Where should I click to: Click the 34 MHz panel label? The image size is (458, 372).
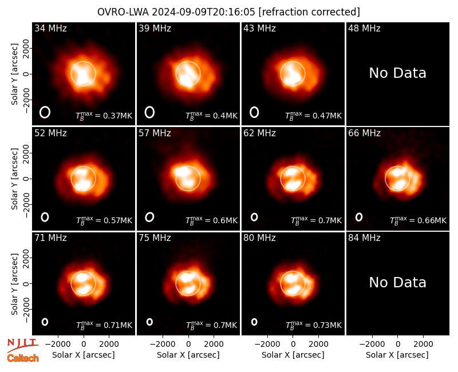coord(50,28)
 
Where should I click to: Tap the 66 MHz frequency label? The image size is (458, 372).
coord(364,133)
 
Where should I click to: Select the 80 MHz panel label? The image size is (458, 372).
coord(259,238)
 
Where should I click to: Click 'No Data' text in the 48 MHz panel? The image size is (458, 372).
coord(397,73)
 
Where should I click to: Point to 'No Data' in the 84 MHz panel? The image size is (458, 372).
coord(397,282)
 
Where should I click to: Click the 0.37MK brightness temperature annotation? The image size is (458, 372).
coord(104,116)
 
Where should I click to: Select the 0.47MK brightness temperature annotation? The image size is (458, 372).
coord(313,116)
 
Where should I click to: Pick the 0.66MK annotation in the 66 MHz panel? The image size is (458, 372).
coord(418,220)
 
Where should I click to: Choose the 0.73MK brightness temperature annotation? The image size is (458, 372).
coord(313,325)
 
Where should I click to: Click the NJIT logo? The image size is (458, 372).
coord(22,345)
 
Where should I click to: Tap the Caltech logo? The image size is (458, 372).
coord(23,358)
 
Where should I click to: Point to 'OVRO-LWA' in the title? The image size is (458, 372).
coord(123,12)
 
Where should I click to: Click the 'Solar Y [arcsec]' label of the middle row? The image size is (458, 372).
coord(15,179)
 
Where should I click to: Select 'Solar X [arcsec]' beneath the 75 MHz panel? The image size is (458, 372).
coord(188,355)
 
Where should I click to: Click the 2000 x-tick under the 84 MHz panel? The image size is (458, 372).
coord(423,345)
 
